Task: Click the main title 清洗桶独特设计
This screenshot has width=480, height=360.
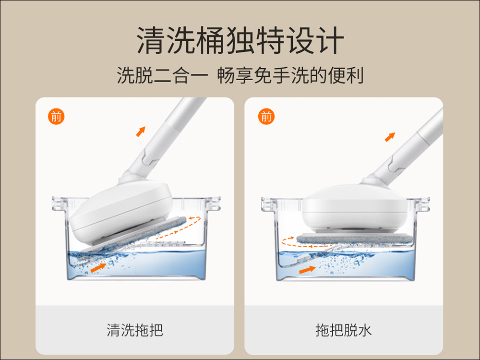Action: coord(240,40)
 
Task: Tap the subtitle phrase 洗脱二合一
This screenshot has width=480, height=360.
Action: coord(163,75)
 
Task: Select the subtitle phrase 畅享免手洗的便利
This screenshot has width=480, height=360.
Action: coord(290,75)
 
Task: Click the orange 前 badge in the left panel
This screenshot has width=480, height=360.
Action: coord(56,116)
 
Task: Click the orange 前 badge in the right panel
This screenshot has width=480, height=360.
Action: coord(266,116)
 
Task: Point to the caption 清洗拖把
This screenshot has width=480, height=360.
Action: coord(135,330)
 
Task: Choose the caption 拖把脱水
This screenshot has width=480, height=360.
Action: coord(344,330)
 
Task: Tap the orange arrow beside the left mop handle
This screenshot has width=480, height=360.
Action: coord(141,132)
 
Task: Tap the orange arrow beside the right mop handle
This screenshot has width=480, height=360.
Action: coord(390,137)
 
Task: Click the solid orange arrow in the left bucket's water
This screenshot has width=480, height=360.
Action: coord(98,267)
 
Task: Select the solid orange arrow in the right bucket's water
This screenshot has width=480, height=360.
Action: coord(307,270)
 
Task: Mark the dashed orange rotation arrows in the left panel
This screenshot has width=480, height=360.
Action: coord(179,228)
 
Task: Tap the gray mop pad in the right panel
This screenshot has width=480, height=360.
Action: coord(355,239)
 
